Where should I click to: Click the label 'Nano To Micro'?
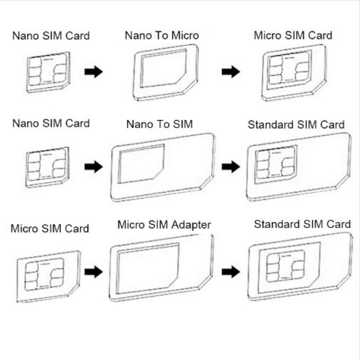162,36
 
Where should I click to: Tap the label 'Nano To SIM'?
160,124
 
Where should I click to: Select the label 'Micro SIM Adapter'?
164,225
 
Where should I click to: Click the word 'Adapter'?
191,225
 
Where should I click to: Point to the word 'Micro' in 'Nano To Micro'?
185,36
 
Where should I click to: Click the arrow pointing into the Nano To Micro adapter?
94,72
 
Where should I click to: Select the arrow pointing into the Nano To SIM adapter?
94,166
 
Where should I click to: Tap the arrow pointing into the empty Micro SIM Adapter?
94,272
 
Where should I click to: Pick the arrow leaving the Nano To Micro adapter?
231,72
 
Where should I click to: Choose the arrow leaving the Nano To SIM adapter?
231,166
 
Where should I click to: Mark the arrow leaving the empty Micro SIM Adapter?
231,272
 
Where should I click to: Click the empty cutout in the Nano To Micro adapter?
163,68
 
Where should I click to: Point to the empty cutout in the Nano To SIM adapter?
141,164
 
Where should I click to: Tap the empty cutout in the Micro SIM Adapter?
148,269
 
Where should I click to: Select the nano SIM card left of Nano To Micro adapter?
48,72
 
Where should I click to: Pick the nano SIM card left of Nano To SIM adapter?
47,167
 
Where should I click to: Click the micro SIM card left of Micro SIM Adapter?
49,277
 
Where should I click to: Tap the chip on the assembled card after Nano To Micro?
288,69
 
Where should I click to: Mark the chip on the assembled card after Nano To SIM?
275,164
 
